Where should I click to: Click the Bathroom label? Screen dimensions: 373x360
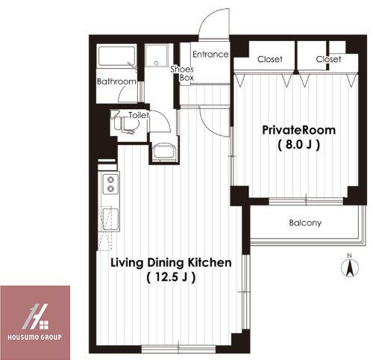(116, 81)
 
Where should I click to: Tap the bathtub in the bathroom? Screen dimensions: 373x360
(117, 56)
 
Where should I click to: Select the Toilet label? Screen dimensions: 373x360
(139, 115)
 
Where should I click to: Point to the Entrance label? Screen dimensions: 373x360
(210, 55)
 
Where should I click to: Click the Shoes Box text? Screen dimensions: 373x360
(183, 73)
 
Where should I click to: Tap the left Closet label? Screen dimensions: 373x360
(270, 59)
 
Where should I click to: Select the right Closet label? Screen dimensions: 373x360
(328, 59)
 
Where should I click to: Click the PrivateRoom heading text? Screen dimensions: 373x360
(299, 130)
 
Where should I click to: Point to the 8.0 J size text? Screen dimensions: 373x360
(298, 145)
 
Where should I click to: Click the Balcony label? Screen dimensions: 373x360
(305, 223)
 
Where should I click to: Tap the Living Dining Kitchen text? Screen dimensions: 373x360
(171, 263)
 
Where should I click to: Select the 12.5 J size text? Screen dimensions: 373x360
(171, 277)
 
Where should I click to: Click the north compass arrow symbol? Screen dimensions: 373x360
(350, 267)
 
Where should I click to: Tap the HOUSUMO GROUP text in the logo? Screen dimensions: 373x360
(34, 338)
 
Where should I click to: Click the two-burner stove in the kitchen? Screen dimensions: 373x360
(110, 184)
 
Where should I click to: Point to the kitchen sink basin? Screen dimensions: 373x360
(110, 220)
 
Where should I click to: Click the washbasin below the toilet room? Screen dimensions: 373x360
(164, 151)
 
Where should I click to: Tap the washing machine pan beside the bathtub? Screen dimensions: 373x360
(156, 56)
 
